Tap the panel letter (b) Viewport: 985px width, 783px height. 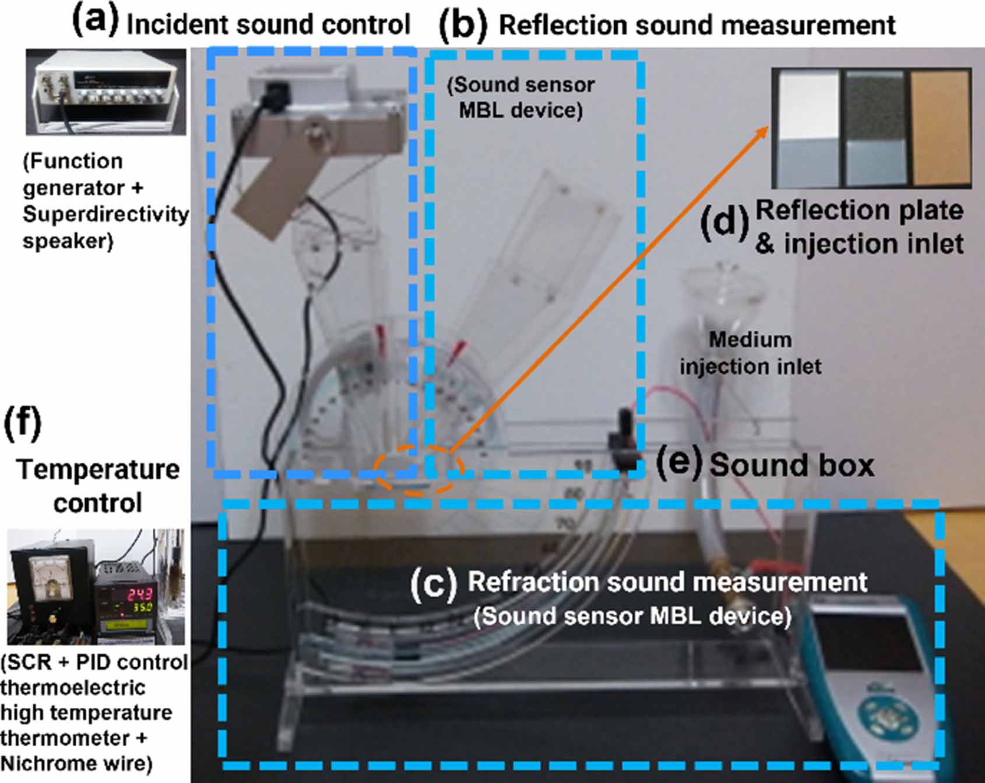click(x=463, y=26)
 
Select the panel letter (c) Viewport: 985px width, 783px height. click(x=434, y=584)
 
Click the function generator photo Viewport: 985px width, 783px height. click(x=106, y=92)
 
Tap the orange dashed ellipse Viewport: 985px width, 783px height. click(x=419, y=469)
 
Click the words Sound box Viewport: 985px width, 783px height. click(x=791, y=465)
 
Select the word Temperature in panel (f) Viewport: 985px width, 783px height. click(x=98, y=470)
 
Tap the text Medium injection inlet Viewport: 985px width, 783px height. click(x=750, y=353)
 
